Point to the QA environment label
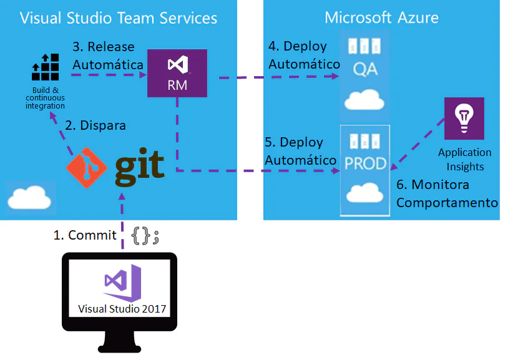365,69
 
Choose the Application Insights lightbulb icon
464,118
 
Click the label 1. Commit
85,235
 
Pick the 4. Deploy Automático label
302,55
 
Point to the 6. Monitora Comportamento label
446,193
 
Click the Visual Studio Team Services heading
119,17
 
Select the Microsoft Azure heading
381,17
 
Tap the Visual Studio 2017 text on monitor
123,308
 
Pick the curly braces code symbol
146,236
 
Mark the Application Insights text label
464,159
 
